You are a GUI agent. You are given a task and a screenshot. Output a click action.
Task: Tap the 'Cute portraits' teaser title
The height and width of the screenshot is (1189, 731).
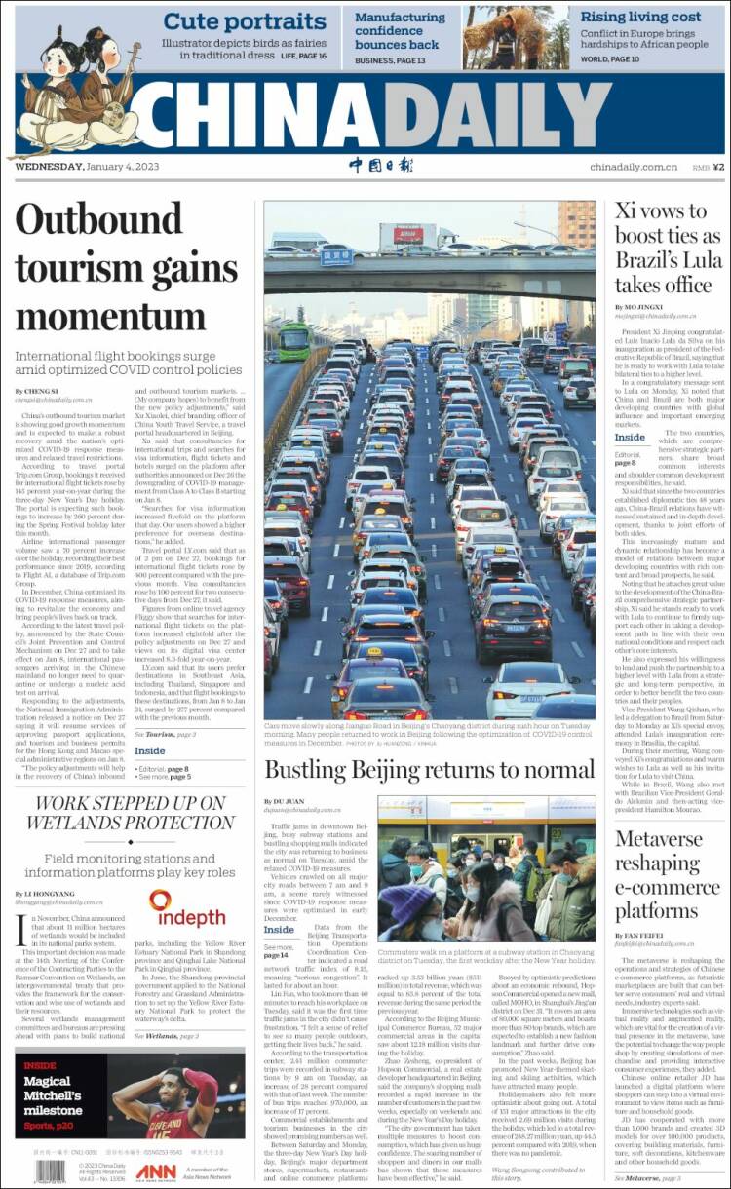click(x=230, y=21)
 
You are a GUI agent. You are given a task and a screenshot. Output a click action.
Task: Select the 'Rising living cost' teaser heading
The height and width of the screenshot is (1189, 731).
click(x=640, y=17)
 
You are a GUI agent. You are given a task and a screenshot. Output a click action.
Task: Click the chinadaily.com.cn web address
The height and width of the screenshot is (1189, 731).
click(x=633, y=167)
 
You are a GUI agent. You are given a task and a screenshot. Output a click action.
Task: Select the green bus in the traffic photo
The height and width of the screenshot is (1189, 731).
click(x=295, y=341)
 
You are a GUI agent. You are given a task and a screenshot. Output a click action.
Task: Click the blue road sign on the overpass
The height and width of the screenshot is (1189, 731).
click(x=336, y=257)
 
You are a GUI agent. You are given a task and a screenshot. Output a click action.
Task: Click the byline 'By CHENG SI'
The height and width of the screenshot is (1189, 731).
click(x=35, y=391)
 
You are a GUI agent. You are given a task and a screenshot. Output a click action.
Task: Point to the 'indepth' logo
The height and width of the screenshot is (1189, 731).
click(x=187, y=909)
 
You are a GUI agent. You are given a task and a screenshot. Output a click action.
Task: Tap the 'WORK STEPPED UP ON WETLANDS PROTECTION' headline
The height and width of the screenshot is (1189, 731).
click(x=131, y=814)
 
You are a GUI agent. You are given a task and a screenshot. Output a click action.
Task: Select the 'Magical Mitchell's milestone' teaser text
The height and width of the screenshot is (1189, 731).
click(x=55, y=1096)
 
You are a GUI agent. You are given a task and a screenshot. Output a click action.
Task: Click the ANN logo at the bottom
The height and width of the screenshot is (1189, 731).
click(x=156, y=1171)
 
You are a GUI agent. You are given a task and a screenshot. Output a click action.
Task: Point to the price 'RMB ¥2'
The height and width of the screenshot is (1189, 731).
click(x=708, y=167)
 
